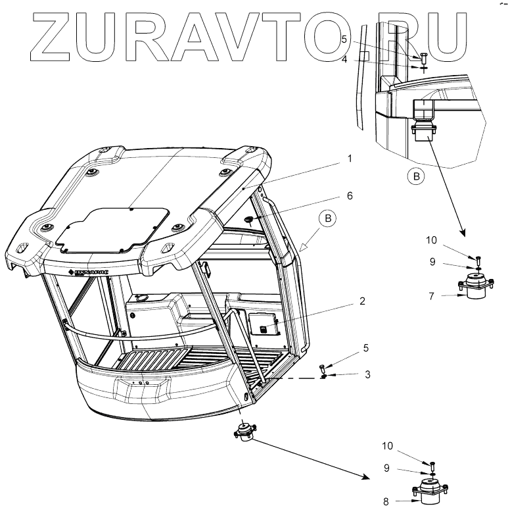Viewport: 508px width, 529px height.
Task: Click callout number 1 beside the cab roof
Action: (x=350, y=159)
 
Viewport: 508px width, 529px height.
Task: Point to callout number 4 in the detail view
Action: (x=344, y=60)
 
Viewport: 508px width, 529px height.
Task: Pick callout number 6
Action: (x=350, y=195)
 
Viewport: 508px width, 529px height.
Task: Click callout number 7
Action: (x=431, y=296)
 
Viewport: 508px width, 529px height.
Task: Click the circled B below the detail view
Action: (x=415, y=176)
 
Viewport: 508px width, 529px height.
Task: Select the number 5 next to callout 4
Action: (x=344, y=39)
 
